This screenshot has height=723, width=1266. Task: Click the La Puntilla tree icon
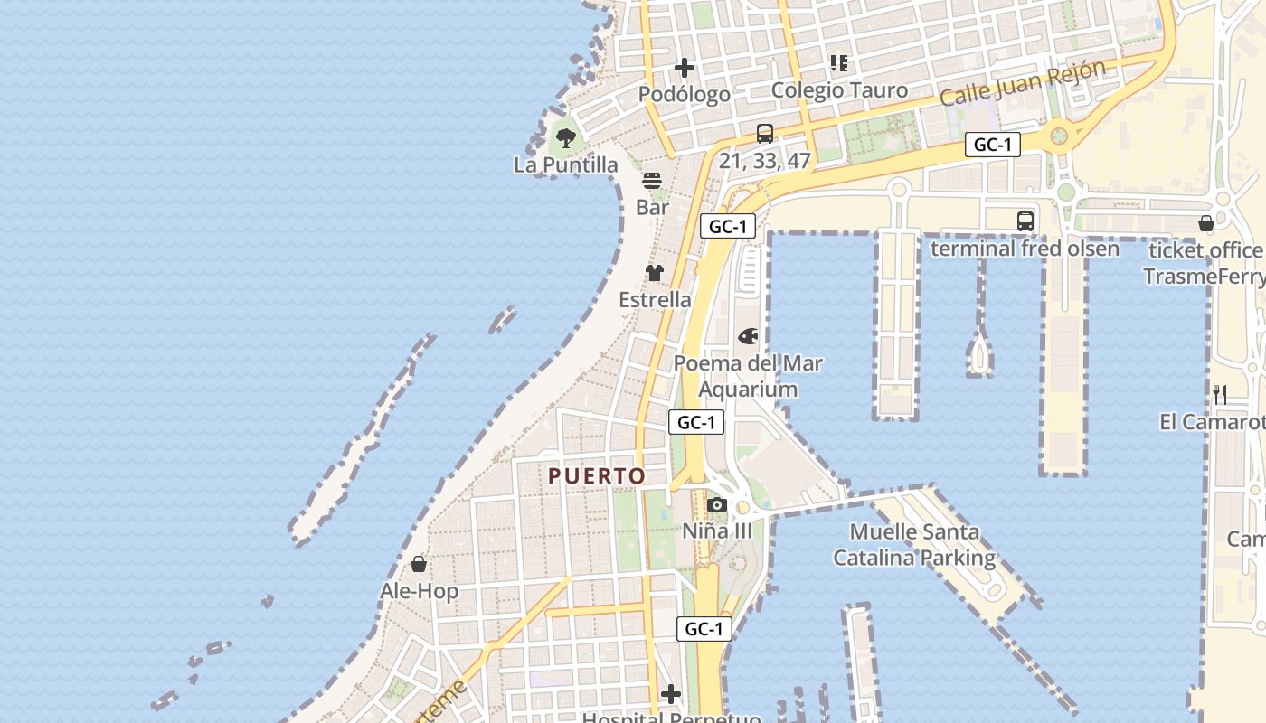coord(566,138)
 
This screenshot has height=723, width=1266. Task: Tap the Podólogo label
coord(685,94)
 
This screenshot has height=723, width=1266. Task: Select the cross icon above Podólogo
coord(685,68)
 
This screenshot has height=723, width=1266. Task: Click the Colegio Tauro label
coord(839,90)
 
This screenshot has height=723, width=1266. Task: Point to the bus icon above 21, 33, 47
coord(765,134)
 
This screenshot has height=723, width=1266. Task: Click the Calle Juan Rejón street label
coord(1023,83)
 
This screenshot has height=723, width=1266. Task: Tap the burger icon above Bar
coord(652,181)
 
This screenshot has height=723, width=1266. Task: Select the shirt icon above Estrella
coord(655,273)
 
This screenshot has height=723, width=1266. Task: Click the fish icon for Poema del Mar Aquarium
coord(749,336)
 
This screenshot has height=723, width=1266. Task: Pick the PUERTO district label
coord(597,476)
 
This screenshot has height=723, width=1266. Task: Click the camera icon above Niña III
coord(717,504)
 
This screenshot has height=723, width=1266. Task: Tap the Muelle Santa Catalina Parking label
coord(914,545)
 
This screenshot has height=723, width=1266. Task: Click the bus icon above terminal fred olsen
coord(1025,221)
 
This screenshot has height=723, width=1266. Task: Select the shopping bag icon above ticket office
coord(1205,223)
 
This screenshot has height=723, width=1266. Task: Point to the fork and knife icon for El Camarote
coord(1220,394)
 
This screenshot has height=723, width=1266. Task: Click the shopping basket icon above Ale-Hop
coord(419,565)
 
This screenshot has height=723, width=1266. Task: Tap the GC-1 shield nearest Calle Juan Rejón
coord(993,145)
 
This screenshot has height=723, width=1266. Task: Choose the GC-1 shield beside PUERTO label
coord(697,422)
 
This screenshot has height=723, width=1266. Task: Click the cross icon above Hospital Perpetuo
coord(671,694)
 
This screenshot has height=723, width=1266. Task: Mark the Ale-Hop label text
coord(419,592)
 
